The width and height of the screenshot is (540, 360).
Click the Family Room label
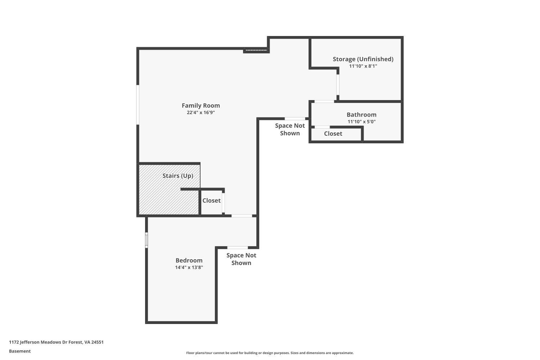pos(201,105)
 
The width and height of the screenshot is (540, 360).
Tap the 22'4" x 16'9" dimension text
pos(201,113)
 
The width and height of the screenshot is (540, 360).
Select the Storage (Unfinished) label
pos(363,59)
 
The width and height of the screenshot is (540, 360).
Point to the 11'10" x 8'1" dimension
pos(363,66)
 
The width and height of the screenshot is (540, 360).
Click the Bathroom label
pos(361,115)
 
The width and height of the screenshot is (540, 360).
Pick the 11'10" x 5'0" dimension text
pos(361,122)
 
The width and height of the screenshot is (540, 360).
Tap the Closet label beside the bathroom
pos(333,134)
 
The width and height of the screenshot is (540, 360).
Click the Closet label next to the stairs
pos(211,201)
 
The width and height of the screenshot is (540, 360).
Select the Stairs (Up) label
pos(178,176)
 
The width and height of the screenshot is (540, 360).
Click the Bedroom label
pos(189,260)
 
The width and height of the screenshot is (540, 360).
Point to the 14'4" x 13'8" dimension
pos(189,267)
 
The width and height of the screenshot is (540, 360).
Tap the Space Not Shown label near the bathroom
pos(290,129)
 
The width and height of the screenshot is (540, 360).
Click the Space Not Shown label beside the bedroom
pos(241,259)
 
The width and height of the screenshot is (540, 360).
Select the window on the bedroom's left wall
pos(147,240)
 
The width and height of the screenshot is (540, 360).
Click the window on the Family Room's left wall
pos(138,105)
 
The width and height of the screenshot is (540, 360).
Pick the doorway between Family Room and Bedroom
pos(242,216)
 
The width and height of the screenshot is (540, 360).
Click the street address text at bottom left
pos(56,342)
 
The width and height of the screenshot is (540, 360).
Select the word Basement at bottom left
pos(20,351)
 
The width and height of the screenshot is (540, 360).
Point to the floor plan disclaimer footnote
pos(270,353)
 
